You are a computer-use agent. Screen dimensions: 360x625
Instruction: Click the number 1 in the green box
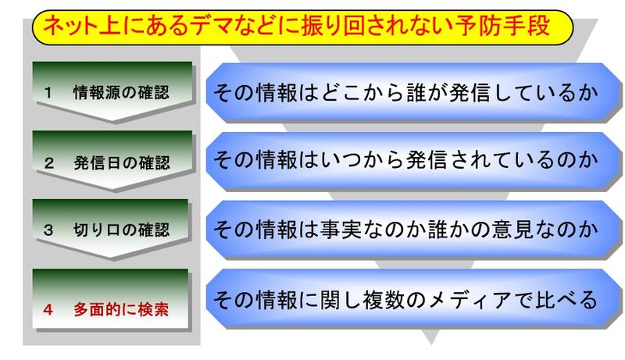click(x=48, y=91)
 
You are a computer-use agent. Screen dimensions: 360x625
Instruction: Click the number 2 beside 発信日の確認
click(x=48, y=163)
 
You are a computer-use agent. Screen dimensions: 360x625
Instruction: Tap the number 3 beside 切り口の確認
click(x=48, y=232)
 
